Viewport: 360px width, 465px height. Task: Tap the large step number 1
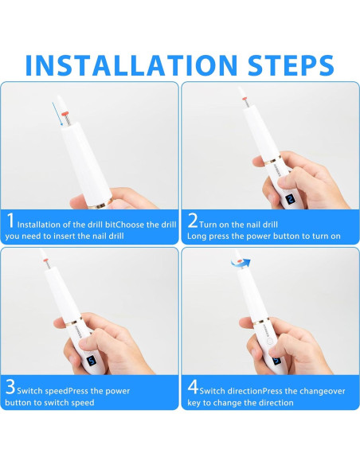tap(10, 221)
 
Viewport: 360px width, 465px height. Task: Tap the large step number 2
tap(193, 221)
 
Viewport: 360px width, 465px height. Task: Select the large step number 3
tap(10, 387)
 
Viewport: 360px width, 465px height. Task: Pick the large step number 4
tap(193, 387)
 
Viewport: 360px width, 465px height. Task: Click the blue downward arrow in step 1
tap(57, 114)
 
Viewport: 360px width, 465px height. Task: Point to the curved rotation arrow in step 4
tap(241, 262)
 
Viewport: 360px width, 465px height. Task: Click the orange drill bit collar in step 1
tap(65, 114)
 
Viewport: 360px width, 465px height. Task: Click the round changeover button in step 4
tap(269, 341)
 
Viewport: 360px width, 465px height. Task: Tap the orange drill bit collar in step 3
tap(47, 260)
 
